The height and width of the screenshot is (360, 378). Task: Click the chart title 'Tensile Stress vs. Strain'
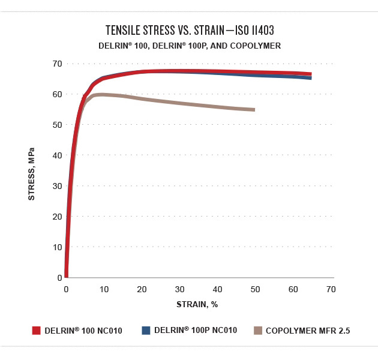190,31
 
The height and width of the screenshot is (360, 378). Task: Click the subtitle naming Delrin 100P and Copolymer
190,46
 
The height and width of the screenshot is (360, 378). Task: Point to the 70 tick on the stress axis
58,64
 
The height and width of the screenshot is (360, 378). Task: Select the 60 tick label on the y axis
58,94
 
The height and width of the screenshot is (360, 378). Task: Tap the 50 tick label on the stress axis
58,125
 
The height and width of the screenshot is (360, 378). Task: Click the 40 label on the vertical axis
58,155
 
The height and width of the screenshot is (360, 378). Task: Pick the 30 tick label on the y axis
58,186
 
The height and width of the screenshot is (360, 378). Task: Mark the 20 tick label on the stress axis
58,217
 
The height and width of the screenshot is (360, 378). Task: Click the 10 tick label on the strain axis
104,289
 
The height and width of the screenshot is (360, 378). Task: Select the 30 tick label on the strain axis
179,289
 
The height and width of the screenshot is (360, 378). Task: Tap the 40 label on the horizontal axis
217,289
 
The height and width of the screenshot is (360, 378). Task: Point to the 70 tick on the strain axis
331,289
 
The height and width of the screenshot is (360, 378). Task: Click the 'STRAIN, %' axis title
197,304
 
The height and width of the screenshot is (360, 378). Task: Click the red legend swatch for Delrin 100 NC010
36,330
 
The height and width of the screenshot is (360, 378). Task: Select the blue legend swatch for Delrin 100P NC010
145,330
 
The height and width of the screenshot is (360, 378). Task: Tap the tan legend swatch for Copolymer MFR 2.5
258,330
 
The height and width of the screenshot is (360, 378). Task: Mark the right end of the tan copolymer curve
254,110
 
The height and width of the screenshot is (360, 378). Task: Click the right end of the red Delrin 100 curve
311,74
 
